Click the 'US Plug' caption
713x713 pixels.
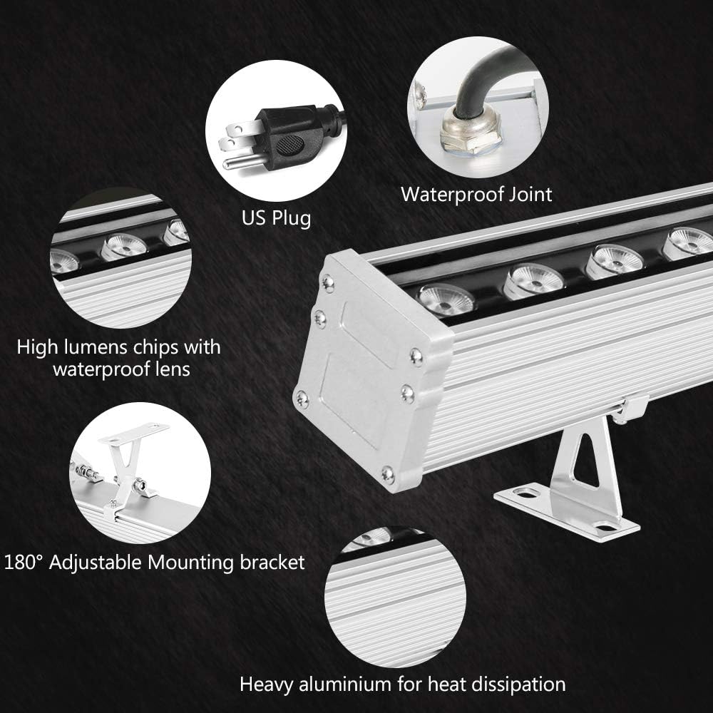pyautogui.click(x=276, y=217)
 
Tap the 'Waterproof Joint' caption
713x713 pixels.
pyautogui.click(x=476, y=195)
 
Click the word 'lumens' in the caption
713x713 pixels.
pyautogui.click(x=96, y=347)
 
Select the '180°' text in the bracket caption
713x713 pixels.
pyautogui.click(x=22, y=563)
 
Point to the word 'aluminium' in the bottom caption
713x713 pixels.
pyautogui.click(x=346, y=684)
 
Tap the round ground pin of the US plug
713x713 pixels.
pyautogui.click(x=240, y=162)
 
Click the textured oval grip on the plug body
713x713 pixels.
pyautogui.click(x=289, y=145)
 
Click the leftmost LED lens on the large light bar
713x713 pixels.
pyautogui.click(x=445, y=299)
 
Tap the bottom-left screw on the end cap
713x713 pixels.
pyautogui.click(x=302, y=399)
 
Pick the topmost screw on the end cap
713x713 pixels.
pyautogui.click(x=327, y=282)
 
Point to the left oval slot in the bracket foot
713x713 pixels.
pyautogui.click(x=528, y=492)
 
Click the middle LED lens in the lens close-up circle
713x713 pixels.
pyautogui.click(x=123, y=247)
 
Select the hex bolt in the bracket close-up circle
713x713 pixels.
pyautogui.click(x=140, y=488)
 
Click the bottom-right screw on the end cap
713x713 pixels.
pyautogui.click(x=387, y=474)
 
